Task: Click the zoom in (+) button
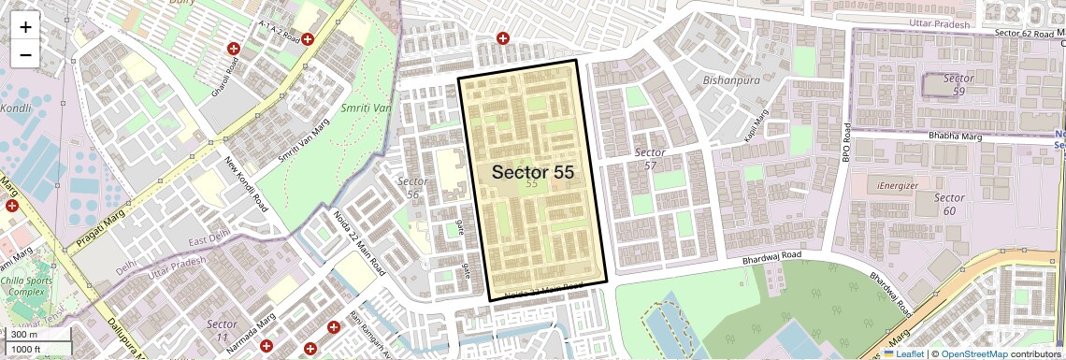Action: tap(25, 27)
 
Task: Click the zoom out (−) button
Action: tap(25, 54)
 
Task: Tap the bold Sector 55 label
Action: tap(532, 172)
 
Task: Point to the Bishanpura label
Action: tap(731, 80)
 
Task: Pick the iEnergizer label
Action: tap(898, 185)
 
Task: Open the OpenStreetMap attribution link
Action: tap(974, 353)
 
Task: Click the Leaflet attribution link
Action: tap(904, 353)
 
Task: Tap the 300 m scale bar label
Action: tap(24, 334)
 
